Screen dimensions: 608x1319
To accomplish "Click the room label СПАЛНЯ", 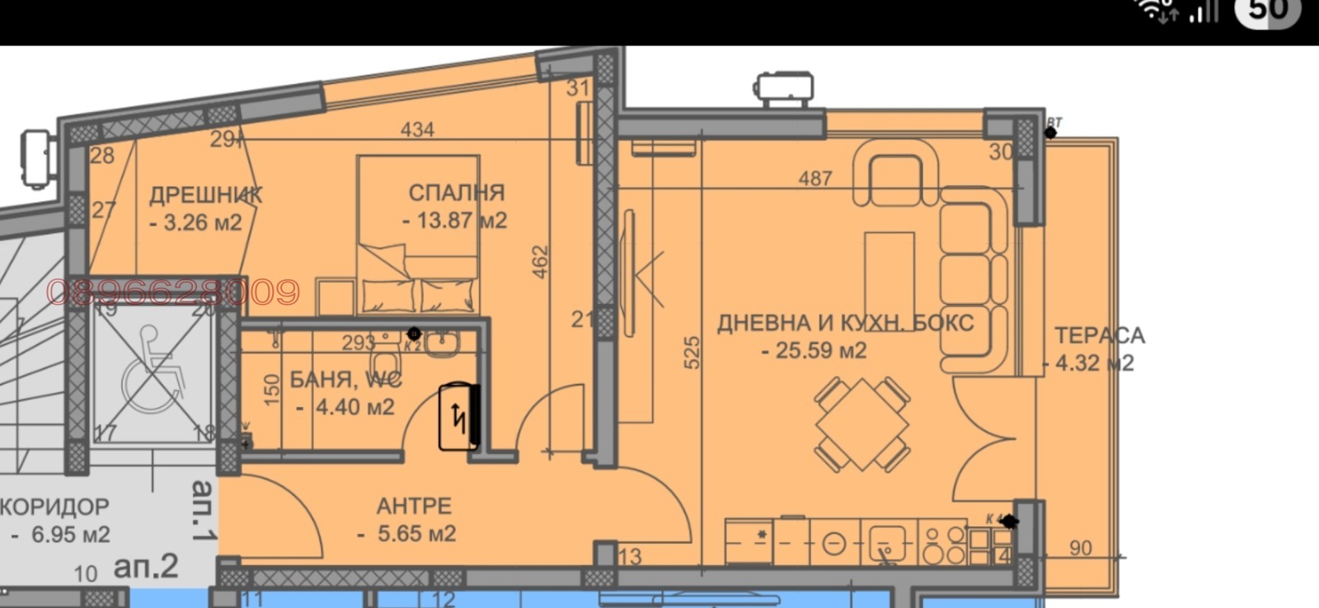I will tap(456, 193).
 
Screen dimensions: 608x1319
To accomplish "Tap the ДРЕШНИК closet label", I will tap(206, 195).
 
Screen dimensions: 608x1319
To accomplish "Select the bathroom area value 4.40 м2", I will tap(345, 407).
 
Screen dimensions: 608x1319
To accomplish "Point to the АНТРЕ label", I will tap(414, 505).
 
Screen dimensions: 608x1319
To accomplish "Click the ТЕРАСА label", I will tap(1100, 335).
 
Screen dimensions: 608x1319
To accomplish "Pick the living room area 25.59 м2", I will tap(814, 350).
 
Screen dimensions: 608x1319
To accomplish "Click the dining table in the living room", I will tap(862, 424).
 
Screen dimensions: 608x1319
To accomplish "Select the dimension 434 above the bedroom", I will tap(417, 129).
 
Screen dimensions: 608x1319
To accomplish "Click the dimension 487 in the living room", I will tap(815, 178).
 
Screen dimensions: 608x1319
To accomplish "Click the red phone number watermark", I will tap(173, 292).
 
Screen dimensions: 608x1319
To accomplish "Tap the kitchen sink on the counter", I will tap(887, 543).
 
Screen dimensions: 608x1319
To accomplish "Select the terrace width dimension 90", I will tap(1080, 548).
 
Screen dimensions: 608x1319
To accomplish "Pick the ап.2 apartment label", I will tap(146, 566).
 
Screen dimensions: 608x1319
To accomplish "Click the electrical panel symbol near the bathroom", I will tap(459, 417).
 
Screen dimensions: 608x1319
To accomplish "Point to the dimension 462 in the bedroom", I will tap(540, 261).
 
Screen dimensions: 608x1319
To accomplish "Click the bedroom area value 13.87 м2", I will tap(454, 221).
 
